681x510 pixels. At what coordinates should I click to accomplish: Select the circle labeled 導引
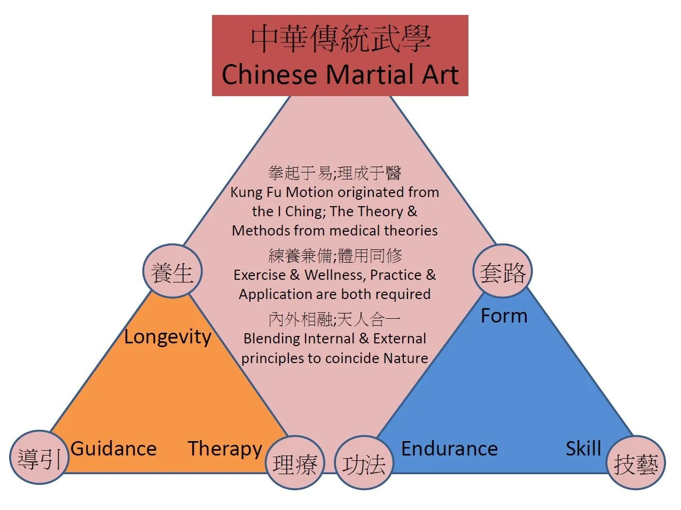tap(39, 458)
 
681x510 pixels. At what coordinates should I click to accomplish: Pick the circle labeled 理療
tap(295, 463)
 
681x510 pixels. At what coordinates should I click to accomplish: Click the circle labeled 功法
tap(364, 463)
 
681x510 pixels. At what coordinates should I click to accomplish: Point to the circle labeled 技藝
tap(636, 463)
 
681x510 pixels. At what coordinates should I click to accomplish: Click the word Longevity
tap(168, 337)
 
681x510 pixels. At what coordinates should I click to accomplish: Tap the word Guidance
tap(113, 449)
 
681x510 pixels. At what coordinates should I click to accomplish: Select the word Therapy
tap(225, 449)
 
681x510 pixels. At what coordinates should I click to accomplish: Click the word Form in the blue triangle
tap(504, 316)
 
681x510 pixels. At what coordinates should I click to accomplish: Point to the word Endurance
tap(449, 449)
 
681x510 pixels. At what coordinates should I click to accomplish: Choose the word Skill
tap(583, 449)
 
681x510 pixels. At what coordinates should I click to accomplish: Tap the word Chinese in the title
tap(270, 74)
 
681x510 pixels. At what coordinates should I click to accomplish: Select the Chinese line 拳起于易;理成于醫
tap(334, 172)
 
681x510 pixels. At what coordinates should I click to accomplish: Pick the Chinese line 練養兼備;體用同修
tap(334, 255)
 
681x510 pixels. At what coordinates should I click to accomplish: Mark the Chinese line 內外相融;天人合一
tap(334, 319)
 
